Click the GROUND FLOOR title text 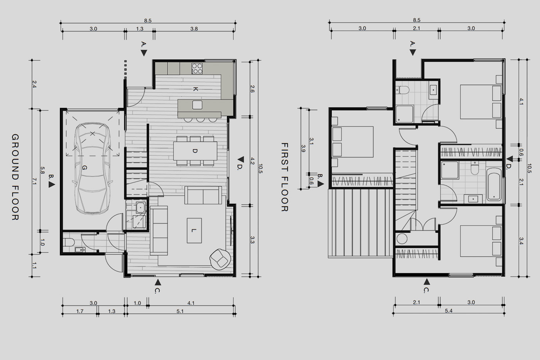click(x=15, y=177)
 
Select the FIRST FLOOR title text click(x=285, y=177)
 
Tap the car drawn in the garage click(x=93, y=168)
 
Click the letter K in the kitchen click(x=196, y=89)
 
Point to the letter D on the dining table click(x=195, y=151)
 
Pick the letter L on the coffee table click(x=194, y=230)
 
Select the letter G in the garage click(x=85, y=167)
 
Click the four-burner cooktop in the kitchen click(x=197, y=68)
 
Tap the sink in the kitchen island click(x=197, y=105)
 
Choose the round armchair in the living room click(x=220, y=259)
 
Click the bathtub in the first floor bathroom click(x=494, y=184)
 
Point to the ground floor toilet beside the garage click(x=69, y=242)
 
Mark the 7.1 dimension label click(x=34, y=181)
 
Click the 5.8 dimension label click(x=42, y=171)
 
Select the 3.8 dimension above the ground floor click(x=194, y=29)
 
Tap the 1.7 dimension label click(x=80, y=311)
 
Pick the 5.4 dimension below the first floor click(x=449, y=311)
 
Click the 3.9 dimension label click(x=303, y=148)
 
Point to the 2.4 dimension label click(x=34, y=84)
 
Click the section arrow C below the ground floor click(x=158, y=282)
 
